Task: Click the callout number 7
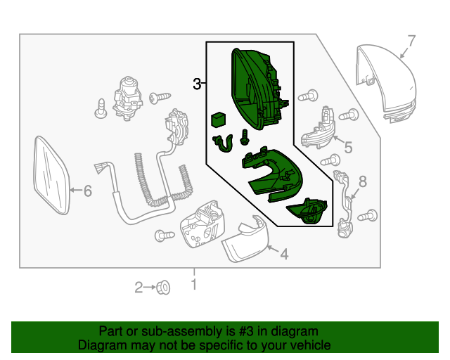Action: coord(412,40)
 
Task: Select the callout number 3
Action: coord(197,84)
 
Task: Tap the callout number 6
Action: coord(88,191)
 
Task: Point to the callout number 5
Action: coord(347,148)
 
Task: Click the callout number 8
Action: coord(363,182)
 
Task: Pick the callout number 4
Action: coord(284,254)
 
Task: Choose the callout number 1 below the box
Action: coord(194,285)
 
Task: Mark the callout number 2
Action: coord(139,286)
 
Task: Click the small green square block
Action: coord(219,119)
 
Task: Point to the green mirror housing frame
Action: coord(255,88)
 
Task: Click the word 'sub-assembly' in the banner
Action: coord(164,330)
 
